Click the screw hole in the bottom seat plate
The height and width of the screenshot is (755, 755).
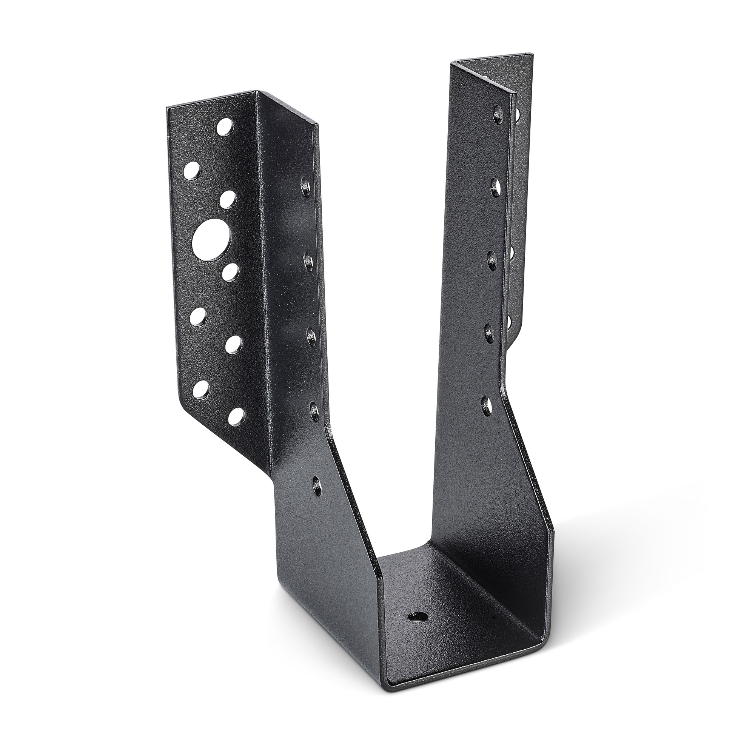(417, 617)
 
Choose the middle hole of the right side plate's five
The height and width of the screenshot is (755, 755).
(492, 260)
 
